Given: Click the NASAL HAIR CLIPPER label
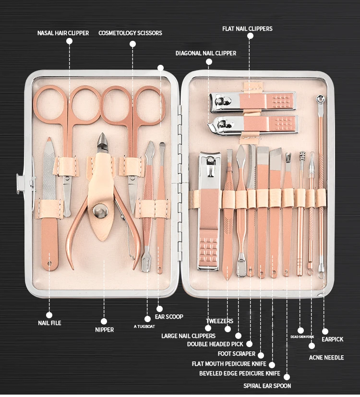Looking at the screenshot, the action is [x=63, y=33].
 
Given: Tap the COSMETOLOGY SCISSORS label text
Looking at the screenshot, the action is [x=130, y=33].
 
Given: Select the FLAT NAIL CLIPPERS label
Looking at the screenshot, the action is [x=247, y=29].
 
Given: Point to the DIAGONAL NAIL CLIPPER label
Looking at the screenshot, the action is [x=206, y=53].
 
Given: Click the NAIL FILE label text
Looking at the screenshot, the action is [x=49, y=323].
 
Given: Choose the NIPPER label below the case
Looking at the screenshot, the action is [x=104, y=330].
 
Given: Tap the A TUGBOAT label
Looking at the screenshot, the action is [x=144, y=326].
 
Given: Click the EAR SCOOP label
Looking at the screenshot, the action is [x=169, y=317].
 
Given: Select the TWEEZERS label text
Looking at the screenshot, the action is [x=219, y=321].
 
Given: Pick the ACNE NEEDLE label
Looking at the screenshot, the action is [x=326, y=358].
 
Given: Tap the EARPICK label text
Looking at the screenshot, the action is [x=332, y=339].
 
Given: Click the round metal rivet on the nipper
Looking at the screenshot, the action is [x=100, y=210].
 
